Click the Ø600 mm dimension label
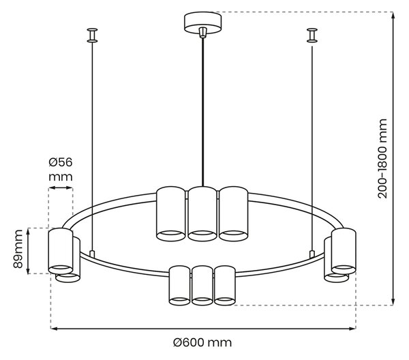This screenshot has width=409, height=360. (x=202, y=342)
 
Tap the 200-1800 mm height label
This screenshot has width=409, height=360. (x=382, y=159)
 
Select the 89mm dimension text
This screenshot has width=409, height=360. (x=18, y=249)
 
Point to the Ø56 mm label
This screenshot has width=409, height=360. (x=61, y=170)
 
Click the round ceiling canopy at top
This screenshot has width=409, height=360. (x=202, y=22)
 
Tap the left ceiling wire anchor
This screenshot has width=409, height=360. (x=92, y=35)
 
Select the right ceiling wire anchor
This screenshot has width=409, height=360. (x=312, y=35)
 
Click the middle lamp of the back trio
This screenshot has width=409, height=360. (x=202, y=213)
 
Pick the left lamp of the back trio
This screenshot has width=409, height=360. (x=171, y=213)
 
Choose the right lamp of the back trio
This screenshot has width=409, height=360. (x=233, y=213)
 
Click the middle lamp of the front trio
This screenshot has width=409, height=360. (x=202, y=286)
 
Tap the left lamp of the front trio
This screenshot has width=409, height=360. (x=179, y=286)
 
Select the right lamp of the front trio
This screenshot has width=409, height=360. (x=224, y=286)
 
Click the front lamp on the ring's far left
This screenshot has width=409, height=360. (x=61, y=251)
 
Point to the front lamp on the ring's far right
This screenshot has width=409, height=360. (x=344, y=251)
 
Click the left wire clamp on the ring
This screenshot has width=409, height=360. (x=92, y=254)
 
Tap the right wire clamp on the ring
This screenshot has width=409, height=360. (x=312, y=254)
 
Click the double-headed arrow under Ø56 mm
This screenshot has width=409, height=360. (x=61, y=187)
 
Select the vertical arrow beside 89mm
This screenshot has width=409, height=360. (x=28, y=251)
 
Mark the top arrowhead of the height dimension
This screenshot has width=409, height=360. (x=393, y=15)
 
